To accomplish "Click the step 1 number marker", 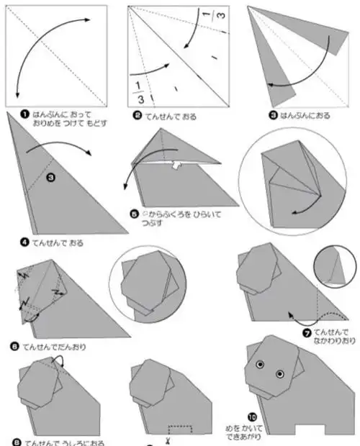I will [x=24, y=114].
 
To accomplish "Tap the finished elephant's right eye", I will [x=281, y=373].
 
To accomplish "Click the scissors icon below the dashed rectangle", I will [x=167, y=439].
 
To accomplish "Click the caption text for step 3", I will [x=305, y=116].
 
